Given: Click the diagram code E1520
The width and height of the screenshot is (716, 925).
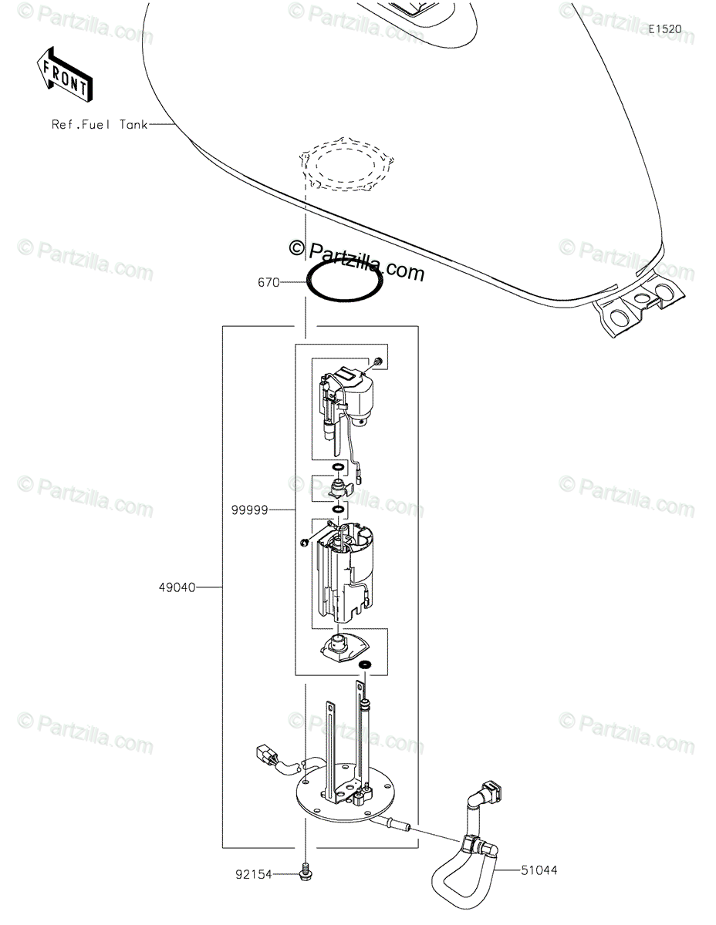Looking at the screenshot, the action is (x=664, y=29).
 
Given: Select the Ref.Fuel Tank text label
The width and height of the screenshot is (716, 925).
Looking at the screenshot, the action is (x=100, y=123).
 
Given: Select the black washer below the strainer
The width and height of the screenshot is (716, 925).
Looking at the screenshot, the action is (x=364, y=664).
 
